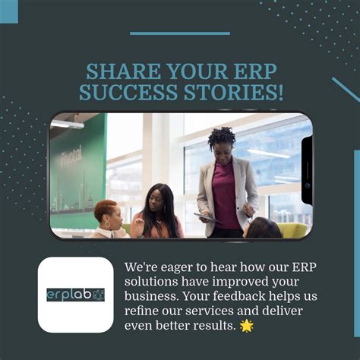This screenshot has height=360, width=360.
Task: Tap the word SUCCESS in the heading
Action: coord(123,93)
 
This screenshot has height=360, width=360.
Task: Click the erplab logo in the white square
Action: coord(75,294)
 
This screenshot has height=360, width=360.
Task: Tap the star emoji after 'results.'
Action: coord(246,326)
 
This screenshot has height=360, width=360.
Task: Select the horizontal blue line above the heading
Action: coord(179,33)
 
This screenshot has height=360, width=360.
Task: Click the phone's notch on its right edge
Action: coord(307,172)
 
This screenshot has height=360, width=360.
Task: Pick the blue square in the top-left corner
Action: coord(8,11)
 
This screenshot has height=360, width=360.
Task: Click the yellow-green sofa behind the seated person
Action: coord(292,229)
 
